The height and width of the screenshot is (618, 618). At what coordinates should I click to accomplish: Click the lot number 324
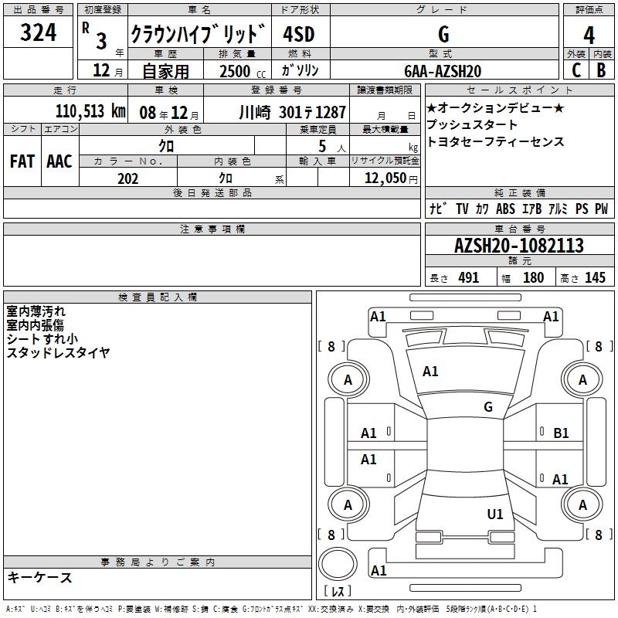pos(38,32)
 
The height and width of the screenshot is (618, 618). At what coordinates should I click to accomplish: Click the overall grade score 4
pos(589,36)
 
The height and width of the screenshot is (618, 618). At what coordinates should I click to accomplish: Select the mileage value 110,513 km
pos(90,111)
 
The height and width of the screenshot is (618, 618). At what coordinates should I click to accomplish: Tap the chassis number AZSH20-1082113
pos(519,246)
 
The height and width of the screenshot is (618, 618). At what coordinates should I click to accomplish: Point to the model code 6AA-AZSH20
pos(443,71)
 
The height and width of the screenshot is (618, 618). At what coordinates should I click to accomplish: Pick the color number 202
pos(127,178)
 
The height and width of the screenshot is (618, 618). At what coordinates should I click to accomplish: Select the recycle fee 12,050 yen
pos(391,178)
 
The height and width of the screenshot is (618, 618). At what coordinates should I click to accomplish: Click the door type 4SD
pos(299,34)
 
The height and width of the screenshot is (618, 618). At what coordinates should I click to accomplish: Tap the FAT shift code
pos(22,161)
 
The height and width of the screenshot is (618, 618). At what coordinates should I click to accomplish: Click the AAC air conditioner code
pos(59,161)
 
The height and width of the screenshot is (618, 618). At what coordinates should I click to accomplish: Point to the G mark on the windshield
pos(488,406)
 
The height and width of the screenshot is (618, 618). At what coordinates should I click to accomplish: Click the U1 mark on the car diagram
pos(495,514)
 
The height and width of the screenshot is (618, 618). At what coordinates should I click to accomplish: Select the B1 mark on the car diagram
pos(561,433)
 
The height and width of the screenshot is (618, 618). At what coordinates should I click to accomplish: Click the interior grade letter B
pos(601,70)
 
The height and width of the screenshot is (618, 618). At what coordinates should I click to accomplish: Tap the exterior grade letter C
pos(576,70)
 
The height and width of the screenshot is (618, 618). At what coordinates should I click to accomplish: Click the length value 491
pos(469,277)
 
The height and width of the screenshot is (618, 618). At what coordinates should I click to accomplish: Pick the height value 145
pos(595,277)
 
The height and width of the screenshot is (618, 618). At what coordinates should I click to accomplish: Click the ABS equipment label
pos(505,209)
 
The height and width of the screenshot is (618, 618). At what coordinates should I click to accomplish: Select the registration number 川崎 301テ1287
pos(292,113)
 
